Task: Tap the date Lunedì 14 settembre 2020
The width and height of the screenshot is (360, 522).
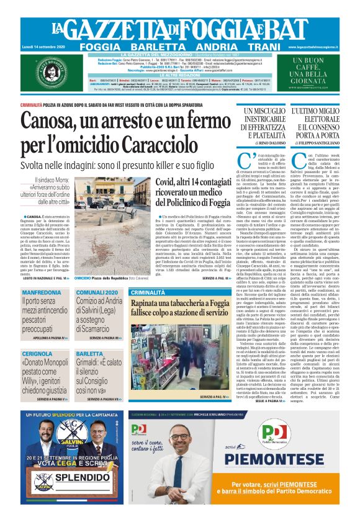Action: [38, 47]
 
